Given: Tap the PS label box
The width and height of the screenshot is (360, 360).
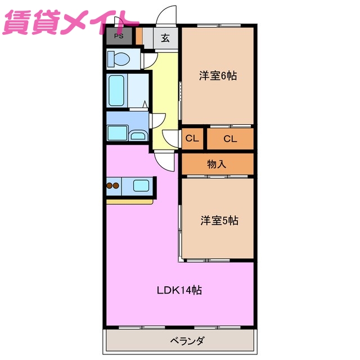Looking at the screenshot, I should (119, 37).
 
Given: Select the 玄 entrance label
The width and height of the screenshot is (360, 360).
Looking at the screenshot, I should (166, 38).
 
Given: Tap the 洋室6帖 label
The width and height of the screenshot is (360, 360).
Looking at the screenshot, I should (218, 76).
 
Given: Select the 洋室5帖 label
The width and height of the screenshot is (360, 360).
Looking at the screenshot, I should (219, 221).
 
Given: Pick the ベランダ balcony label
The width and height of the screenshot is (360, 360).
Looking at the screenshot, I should (186, 341).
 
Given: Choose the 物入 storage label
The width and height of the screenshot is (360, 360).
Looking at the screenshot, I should (217, 164).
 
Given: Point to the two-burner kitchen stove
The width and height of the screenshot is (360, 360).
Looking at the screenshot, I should (113, 186).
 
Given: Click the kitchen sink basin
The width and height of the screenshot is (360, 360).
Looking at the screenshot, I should (140, 186).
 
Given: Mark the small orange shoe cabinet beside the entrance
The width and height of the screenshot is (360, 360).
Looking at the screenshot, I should (139, 37).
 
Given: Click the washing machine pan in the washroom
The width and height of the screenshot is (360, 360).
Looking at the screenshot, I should (118, 133).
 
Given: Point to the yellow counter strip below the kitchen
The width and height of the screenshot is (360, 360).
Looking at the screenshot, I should (129, 201).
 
